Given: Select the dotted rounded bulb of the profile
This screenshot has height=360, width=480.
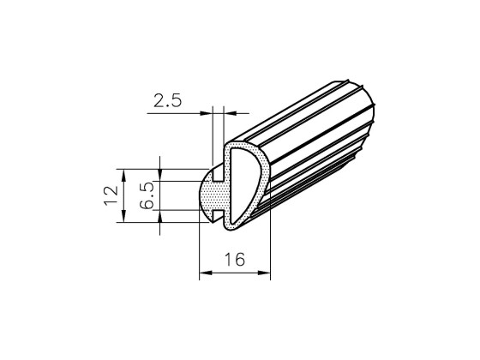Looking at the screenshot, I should [x=209, y=195].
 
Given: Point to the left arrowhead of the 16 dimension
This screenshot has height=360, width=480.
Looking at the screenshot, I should [x=203, y=274].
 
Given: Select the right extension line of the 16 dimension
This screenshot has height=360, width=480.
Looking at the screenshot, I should [x=271, y=249].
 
